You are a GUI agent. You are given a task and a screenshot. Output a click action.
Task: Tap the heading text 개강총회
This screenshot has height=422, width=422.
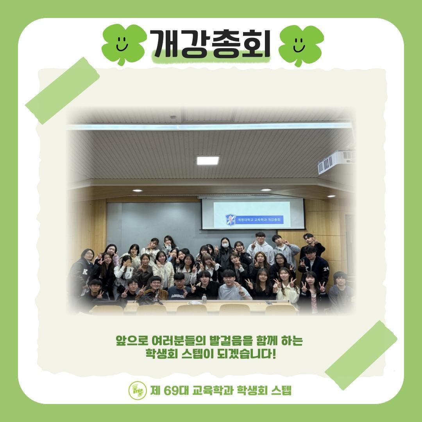211,44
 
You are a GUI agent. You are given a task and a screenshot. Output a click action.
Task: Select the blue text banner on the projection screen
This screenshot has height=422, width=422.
260,220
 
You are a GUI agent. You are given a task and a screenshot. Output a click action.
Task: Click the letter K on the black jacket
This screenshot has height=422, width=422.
85,271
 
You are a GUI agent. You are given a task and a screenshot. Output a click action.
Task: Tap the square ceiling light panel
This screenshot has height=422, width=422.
207,160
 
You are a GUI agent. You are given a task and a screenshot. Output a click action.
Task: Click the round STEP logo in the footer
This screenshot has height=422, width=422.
138,390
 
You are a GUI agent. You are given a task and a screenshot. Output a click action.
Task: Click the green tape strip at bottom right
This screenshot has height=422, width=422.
360,350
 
